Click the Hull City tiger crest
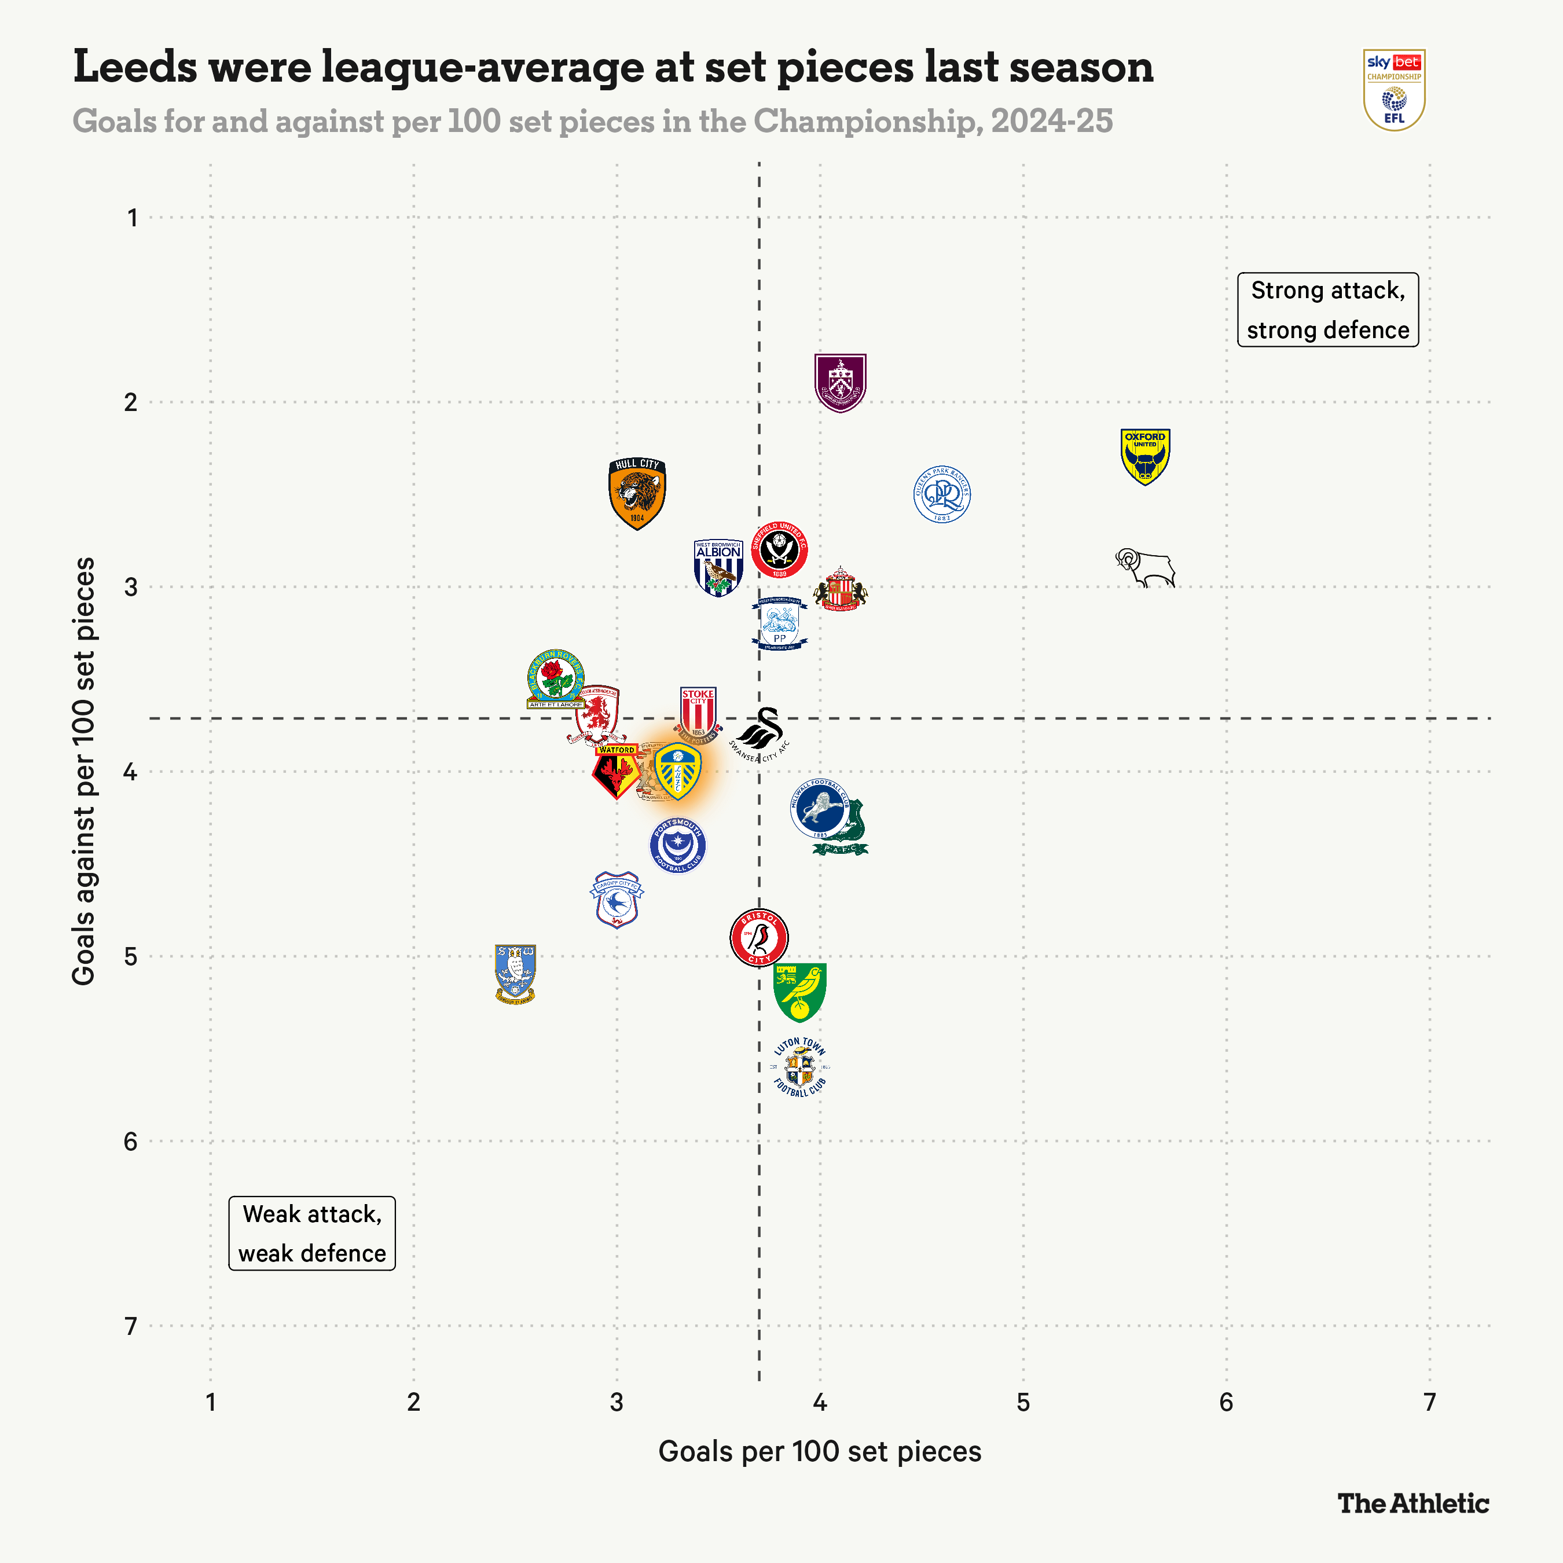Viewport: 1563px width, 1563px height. (637, 493)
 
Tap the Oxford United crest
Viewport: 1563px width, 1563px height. (1144, 456)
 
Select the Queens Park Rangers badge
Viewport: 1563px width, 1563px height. (942, 494)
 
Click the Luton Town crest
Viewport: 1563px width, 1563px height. (800, 1067)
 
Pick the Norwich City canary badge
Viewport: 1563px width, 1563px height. (800, 992)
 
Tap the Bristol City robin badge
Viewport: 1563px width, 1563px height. (759, 938)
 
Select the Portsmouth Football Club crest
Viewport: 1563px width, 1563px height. (678, 845)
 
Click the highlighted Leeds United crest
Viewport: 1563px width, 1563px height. (678, 772)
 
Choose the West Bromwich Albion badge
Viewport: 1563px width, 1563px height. (718, 568)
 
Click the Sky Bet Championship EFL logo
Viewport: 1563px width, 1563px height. (1394, 90)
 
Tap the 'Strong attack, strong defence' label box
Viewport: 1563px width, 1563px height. (1327, 310)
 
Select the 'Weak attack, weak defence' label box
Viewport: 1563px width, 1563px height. (312, 1233)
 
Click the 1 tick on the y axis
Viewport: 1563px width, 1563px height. (132, 218)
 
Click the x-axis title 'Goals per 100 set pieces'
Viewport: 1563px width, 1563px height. (820, 1451)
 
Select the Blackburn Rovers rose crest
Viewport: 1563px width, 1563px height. (555, 678)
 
